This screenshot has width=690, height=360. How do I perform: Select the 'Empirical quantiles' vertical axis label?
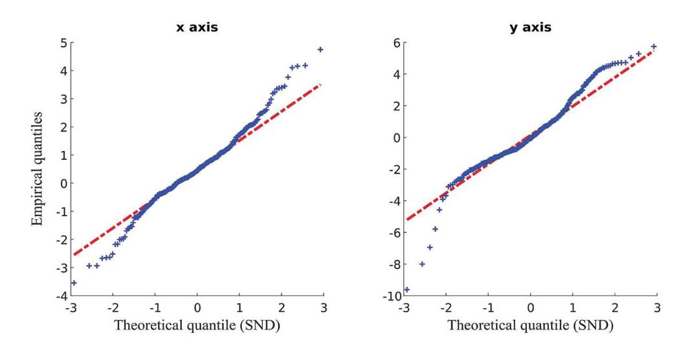[39, 170]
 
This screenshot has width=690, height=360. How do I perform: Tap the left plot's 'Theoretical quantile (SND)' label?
[197, 326]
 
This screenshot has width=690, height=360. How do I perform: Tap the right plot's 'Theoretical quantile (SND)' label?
[531, 326]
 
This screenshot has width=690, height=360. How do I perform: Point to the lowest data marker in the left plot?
[73, 283]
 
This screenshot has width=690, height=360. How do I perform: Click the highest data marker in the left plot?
[320, 50]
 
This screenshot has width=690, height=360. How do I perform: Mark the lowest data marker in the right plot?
[406, 289]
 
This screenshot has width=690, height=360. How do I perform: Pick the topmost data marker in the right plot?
[654, 47]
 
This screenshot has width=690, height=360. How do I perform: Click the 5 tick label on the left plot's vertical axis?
[63, 43]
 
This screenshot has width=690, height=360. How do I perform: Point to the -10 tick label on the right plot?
[392, 297]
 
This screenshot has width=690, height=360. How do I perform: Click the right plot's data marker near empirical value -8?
[422, 264]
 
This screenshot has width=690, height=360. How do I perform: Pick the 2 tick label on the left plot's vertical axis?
[63, 128]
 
